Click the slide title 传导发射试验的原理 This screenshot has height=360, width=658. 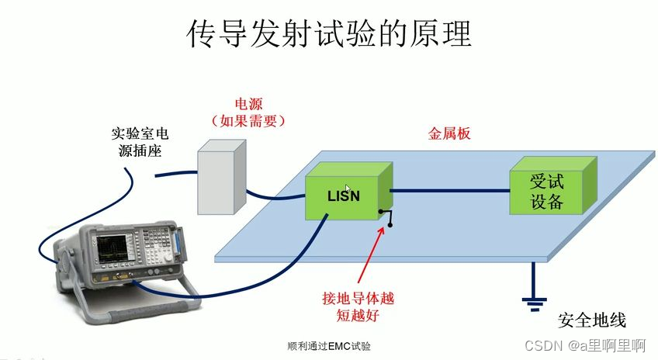point(329,35)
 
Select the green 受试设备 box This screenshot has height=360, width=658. point(547,192)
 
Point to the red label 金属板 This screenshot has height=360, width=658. point(450,133)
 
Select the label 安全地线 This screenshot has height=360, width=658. point(591,321)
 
